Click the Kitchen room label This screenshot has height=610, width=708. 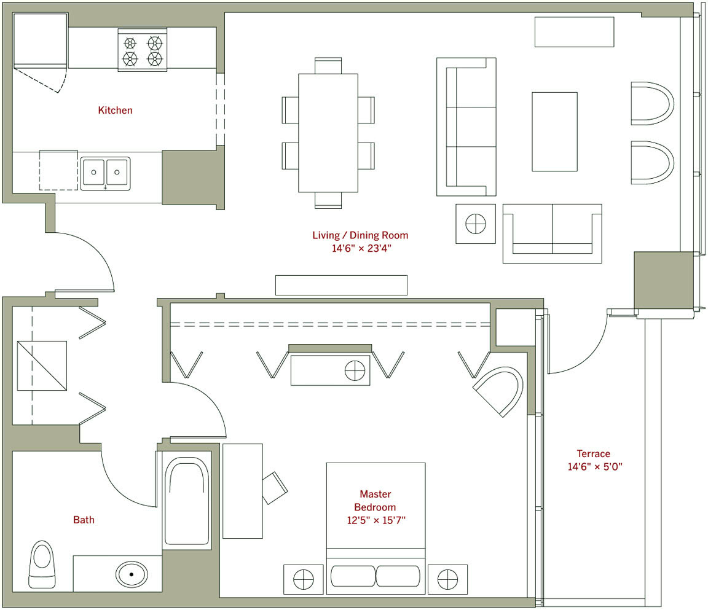coord(115,110)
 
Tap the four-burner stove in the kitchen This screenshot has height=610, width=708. coord(142,50)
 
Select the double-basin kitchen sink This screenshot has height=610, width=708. coord(105,173)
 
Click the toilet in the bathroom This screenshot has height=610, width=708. coord(42,565)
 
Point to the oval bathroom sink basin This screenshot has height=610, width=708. coord(132,574)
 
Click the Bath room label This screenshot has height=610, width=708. coord(84,520)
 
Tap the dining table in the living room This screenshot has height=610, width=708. coord(328,133)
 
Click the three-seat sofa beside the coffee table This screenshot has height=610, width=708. coord(466,127)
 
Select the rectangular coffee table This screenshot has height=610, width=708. coord(554,131)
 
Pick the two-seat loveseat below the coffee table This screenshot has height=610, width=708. coord(553,233)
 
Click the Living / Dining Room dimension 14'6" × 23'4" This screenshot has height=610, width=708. coord(361,248)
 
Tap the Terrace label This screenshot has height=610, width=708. coord(593,453)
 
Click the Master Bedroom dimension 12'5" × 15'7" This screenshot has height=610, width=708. coord(376,520)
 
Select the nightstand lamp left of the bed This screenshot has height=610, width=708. coord(304,579)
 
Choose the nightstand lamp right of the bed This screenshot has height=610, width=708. coord(447,579)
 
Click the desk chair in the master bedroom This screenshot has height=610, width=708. coord(275,488)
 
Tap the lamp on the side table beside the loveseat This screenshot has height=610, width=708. coord(476,224)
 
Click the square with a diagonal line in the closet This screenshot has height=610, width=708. coord(42,366)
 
